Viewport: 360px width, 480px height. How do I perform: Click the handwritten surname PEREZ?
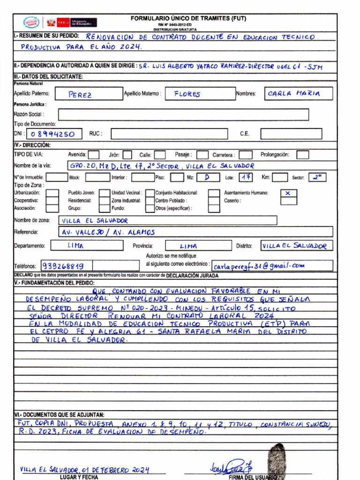pyautogui.click(x=80, y=94)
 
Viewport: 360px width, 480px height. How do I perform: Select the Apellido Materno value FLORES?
pyautogui.click(x=187, y=94)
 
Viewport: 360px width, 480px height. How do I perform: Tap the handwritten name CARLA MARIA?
pyautogui.click(x=294, y=94)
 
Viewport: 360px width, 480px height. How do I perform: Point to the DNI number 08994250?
pyautogui.click(x=56, y=134)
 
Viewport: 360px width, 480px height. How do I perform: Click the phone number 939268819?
pyautogui.click(x=63, y=266)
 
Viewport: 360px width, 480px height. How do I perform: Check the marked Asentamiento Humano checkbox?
pyautogui.click(x=288, y=193)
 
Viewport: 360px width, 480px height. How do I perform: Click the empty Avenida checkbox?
pyautogui.click(x=93, y=154)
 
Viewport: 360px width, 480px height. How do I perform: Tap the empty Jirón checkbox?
pyautogui.click(x=127, y=155)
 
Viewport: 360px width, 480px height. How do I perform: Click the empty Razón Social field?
pyautogui.click(x=183, y=114)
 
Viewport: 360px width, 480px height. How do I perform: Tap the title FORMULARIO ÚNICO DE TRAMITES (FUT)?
pyautogui.click(x=188, y=19)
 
